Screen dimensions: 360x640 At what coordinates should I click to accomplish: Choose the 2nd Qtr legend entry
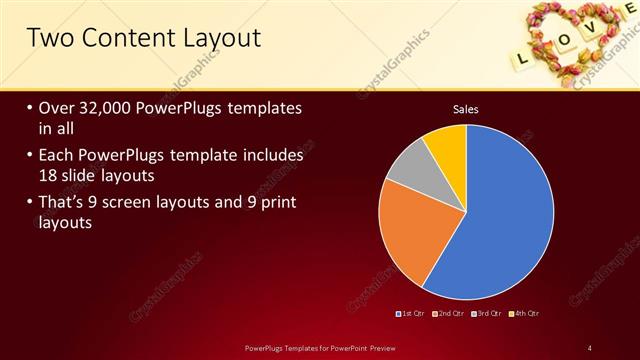pos(448,315)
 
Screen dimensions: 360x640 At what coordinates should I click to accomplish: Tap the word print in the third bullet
pos(271,203)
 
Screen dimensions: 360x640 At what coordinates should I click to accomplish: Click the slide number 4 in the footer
pos(590,347)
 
